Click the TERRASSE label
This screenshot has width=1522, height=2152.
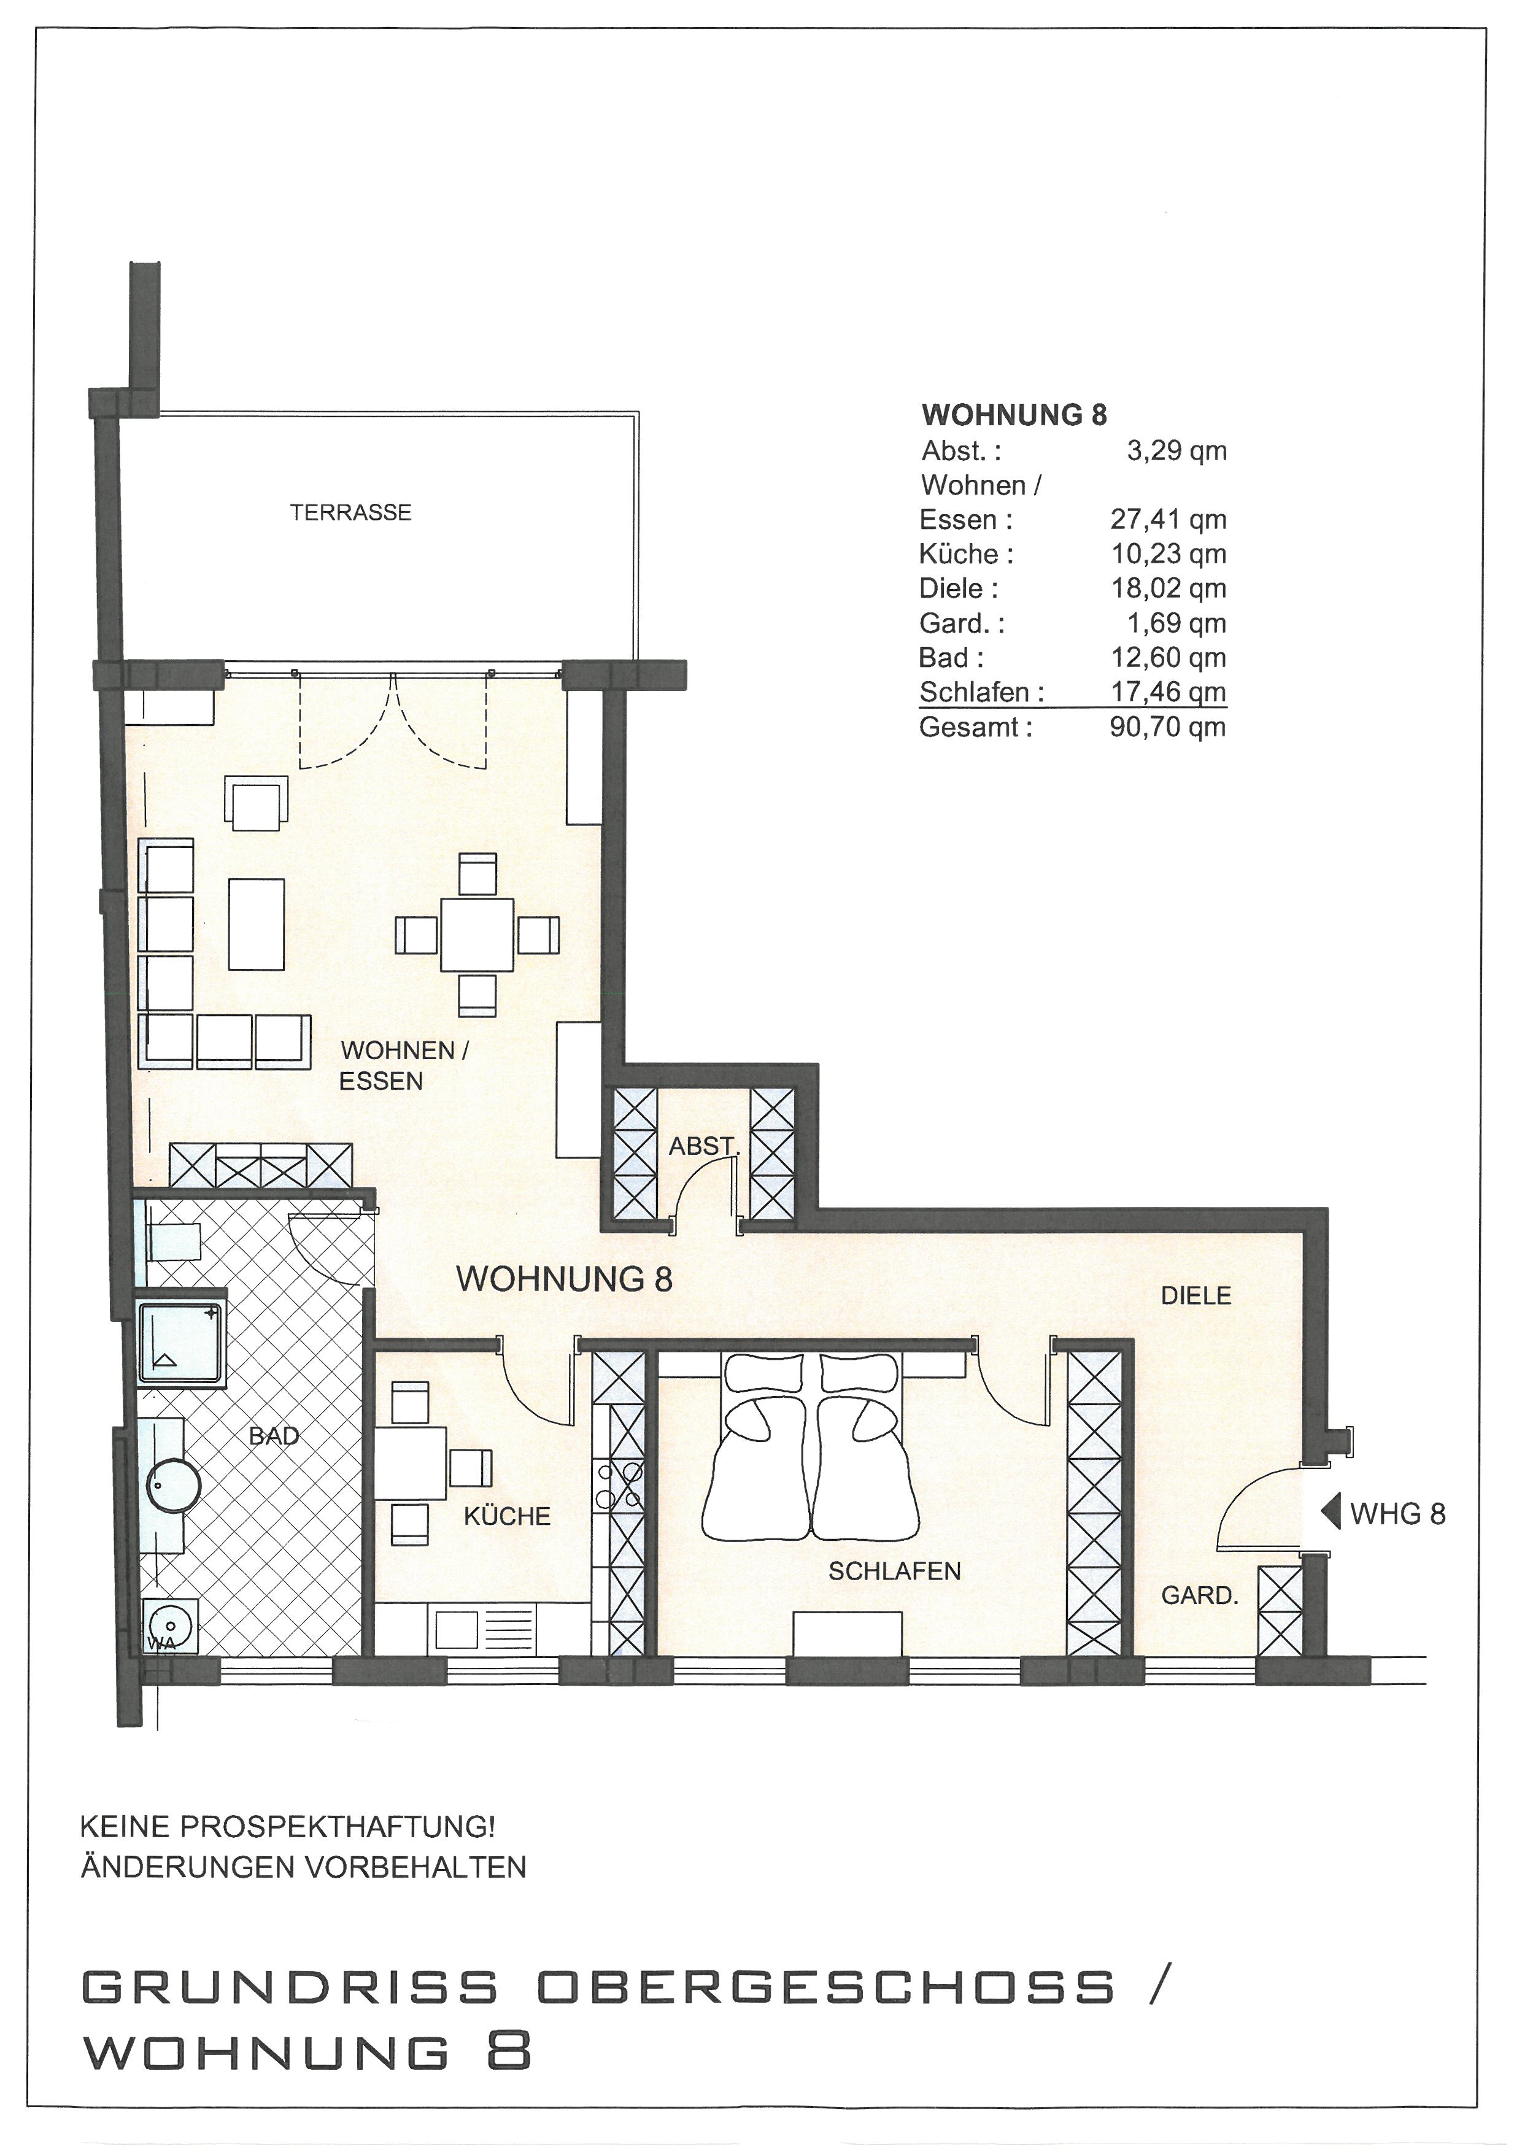[x=350, y=513]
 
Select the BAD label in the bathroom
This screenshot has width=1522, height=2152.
[x=274, y=1435]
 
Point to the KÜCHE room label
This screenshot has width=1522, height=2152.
[x=507, y=1516]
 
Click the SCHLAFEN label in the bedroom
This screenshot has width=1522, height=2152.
[x=894, y=1571]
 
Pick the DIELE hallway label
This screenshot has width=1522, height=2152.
[x=1196, y=1295]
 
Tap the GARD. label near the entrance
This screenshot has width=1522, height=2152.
[x=1200, y=1595]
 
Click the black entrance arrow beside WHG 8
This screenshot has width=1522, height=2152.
[x=1330, y=1512]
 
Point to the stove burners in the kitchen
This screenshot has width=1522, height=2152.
[x=619, y=1484]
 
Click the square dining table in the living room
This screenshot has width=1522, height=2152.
[x=477, y=935]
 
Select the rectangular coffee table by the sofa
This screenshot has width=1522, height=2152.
[x=256, y=924]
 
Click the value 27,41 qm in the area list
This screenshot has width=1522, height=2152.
[x=1169, y=519]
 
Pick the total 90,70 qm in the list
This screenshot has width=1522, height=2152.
[x=1168, y=727]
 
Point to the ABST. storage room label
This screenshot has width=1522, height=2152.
[x=704, y=1146]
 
